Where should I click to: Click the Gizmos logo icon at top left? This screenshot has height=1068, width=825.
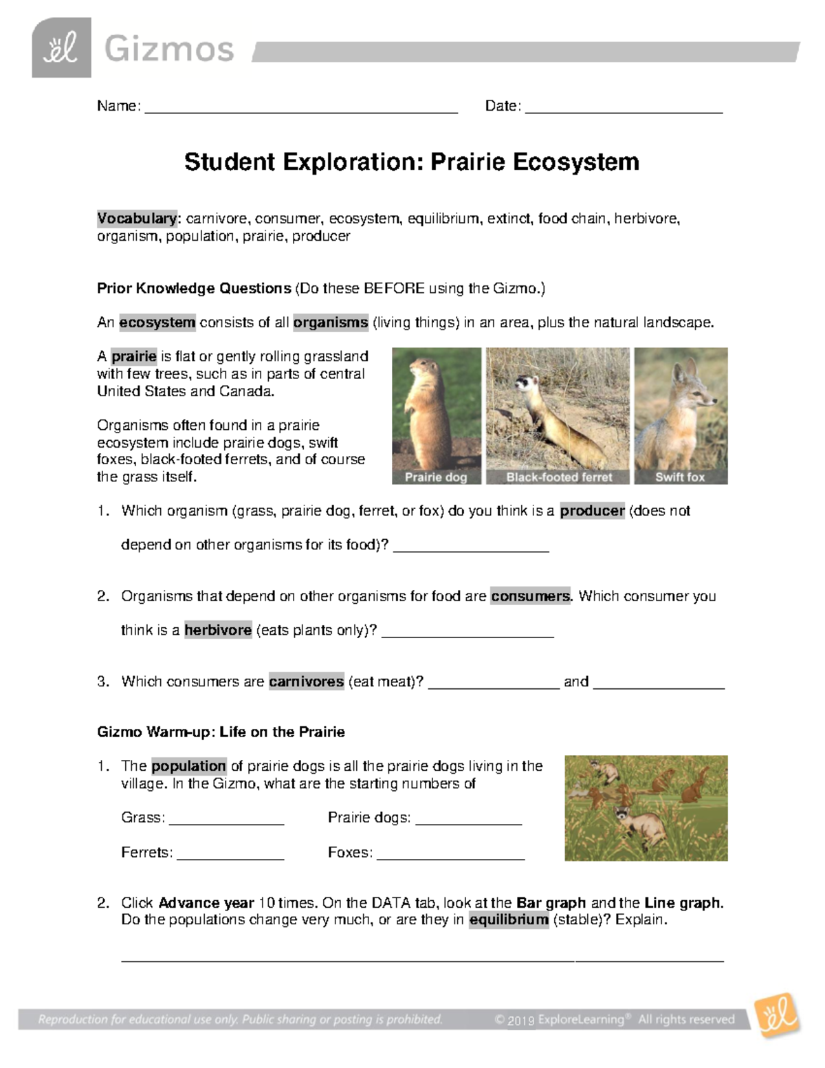[61, 48]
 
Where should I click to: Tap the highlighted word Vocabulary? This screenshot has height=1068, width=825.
[137, 219]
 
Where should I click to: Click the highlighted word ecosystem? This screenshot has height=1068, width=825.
[157, 323]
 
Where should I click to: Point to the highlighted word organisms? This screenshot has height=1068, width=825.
[331, 323]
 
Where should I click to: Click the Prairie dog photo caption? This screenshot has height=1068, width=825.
[436, 477]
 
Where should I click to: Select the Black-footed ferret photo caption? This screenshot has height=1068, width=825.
[559, 477]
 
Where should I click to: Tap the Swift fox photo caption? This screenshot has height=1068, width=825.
[680, 477]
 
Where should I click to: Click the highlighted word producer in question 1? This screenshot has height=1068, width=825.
[592, 511]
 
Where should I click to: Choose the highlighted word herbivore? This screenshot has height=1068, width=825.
[218, 631]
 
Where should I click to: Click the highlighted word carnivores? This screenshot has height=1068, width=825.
[306, 682]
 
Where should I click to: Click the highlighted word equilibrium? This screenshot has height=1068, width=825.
[509, 920]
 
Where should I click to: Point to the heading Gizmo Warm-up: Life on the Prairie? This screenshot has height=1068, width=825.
[221, 732]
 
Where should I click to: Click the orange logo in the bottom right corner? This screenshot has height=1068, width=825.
[777, 1015]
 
